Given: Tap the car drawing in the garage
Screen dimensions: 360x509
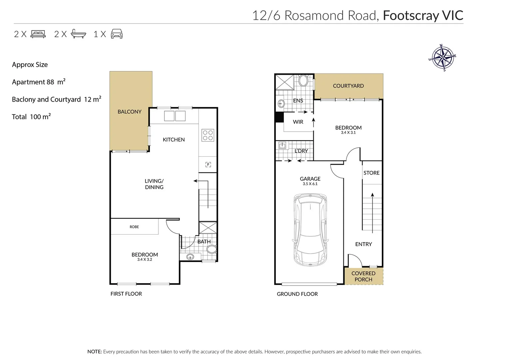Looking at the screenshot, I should tap(310, 230).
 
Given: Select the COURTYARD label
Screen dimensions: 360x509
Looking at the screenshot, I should tap(348, 86).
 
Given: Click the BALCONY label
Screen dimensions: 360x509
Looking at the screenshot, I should tap(129, 112).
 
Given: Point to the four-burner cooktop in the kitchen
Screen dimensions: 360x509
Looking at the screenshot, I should tap(208, 135).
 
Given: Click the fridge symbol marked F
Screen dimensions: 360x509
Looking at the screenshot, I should tap(208, 164).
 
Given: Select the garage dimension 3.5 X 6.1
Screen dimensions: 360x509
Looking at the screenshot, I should tap(310, 184).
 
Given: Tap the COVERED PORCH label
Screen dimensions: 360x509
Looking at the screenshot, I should tap(363, 276).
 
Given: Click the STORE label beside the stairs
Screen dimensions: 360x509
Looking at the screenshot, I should tap(371, 173).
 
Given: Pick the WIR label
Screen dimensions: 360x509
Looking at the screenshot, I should tap(298, 122).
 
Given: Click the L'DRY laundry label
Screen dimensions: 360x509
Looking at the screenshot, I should tap(301, 151).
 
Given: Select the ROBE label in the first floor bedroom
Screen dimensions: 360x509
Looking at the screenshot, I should tap(134, 227).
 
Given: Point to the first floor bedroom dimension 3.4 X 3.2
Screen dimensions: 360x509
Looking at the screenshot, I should tap(145, 260).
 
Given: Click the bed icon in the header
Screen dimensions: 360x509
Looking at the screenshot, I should tap(38, 34).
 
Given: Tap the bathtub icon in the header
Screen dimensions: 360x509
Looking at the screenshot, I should tap(78, 34).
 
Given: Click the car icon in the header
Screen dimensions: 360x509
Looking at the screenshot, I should tap(117, 34).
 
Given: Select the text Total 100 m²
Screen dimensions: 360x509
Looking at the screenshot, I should tap(31, 117).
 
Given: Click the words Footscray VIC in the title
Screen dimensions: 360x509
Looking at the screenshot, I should tap(423, 15).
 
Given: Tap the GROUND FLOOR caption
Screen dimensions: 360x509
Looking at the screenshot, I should tap(297, 294).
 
